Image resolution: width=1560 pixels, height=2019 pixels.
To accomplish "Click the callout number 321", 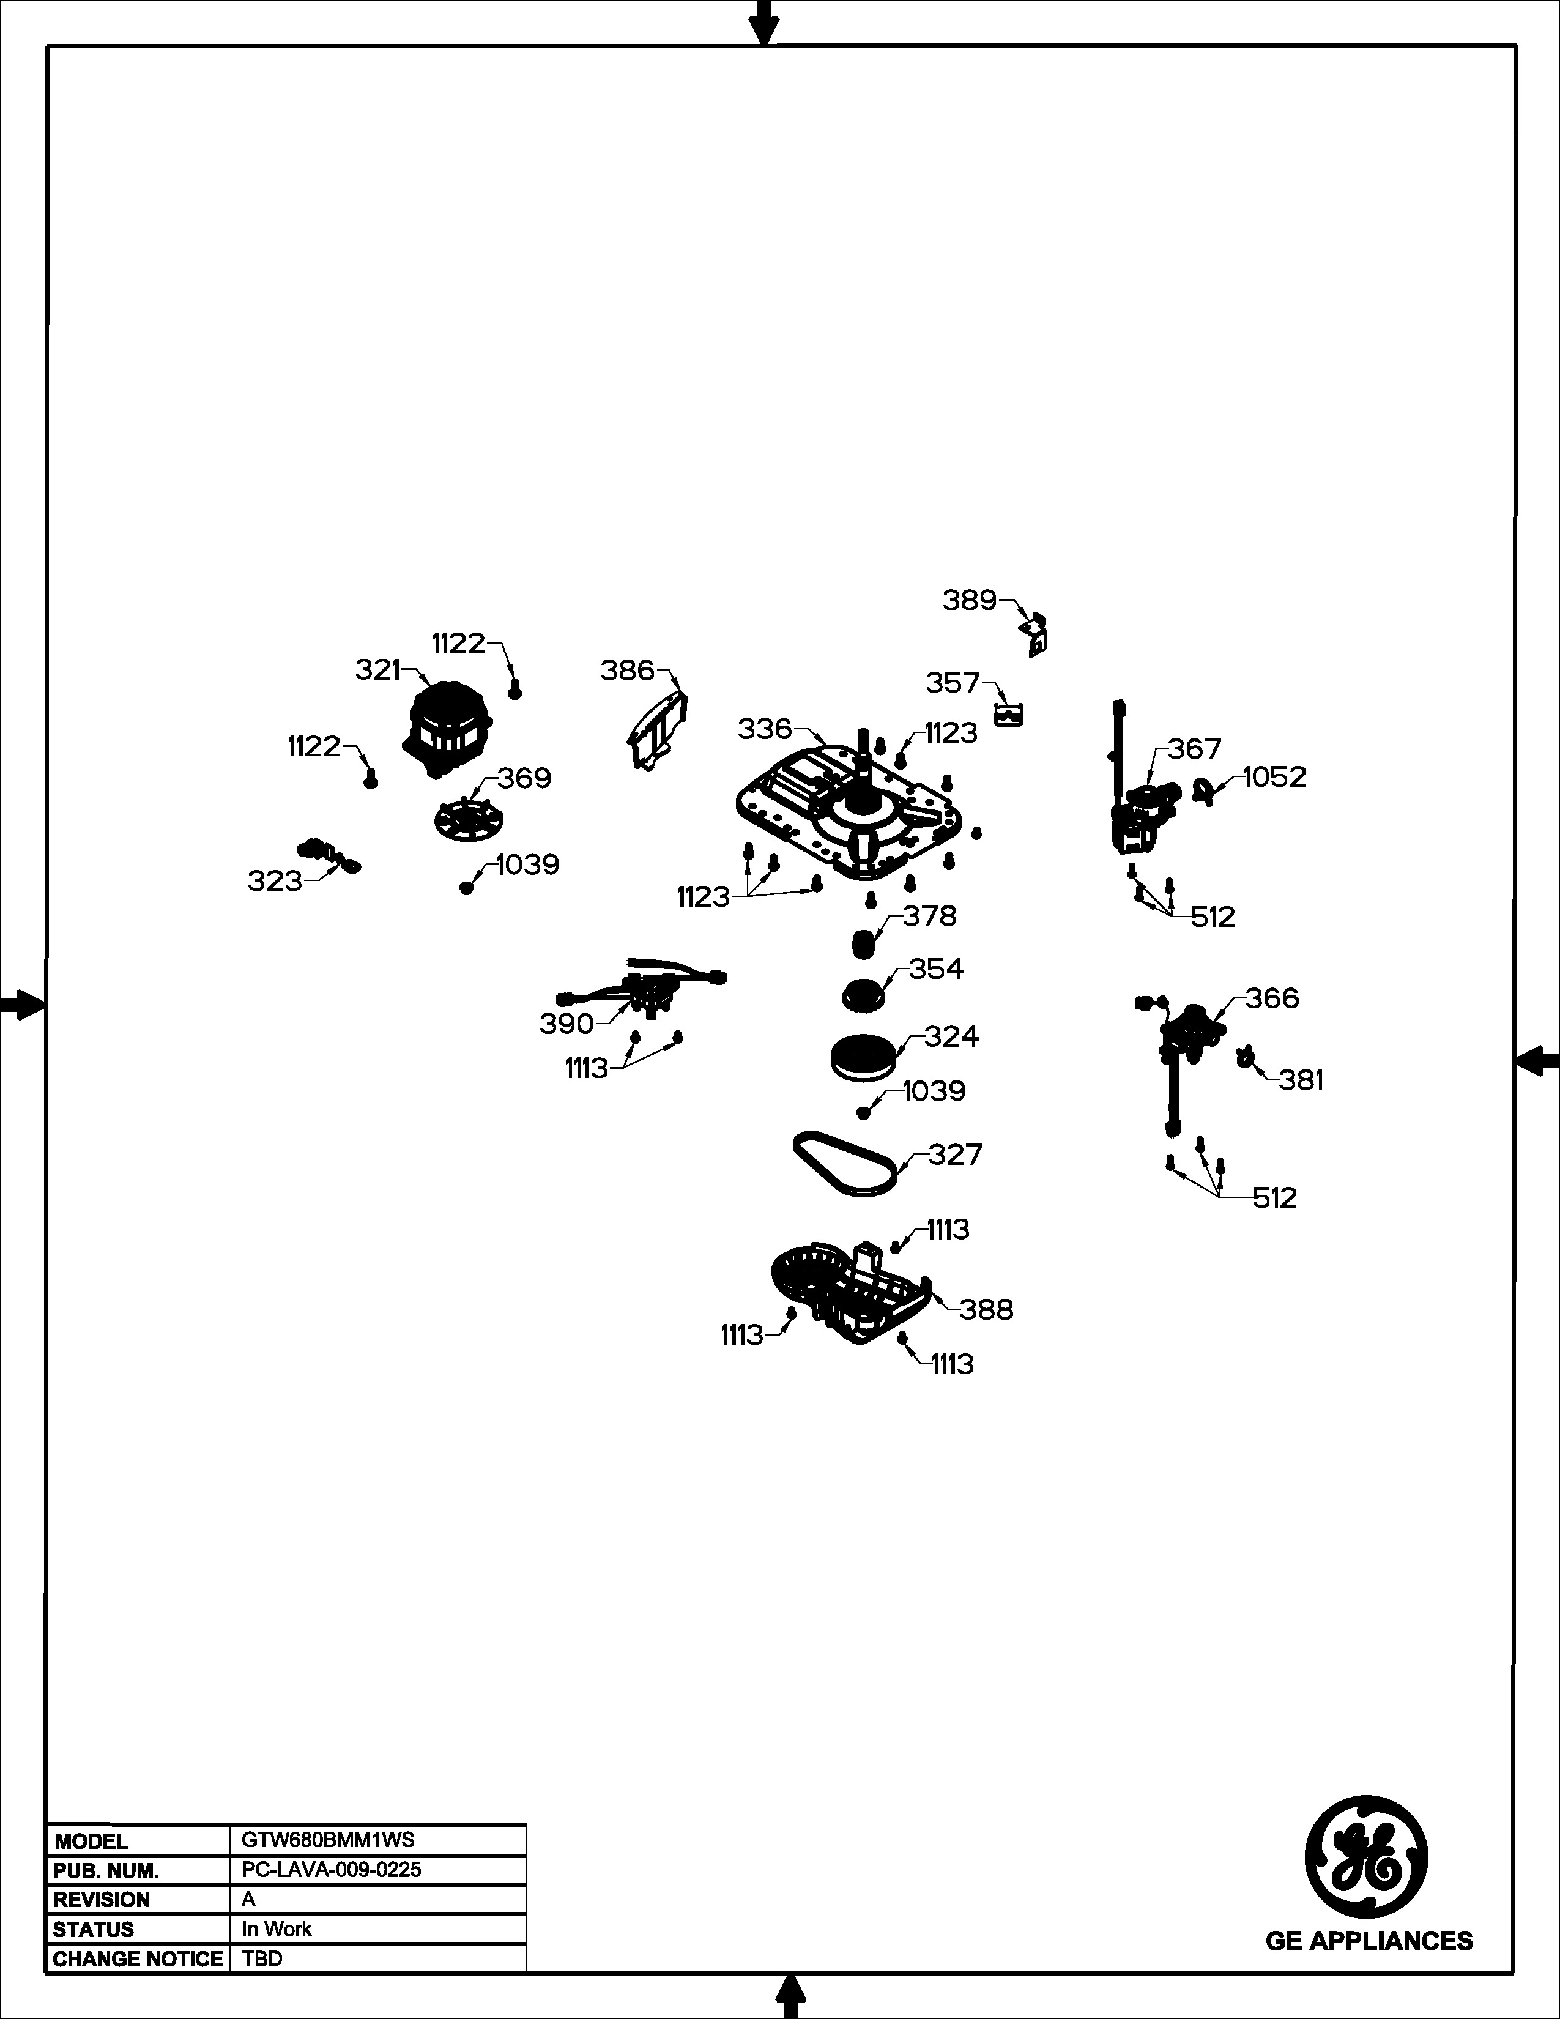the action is tap(378, 669).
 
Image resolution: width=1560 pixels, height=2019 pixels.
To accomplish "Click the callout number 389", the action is tap(970, 600).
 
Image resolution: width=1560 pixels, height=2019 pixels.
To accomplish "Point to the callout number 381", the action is tap(1301, 1080).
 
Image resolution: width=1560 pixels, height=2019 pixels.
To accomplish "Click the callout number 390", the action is tap(566, 1024).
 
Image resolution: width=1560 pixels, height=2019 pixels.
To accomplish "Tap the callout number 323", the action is tap(275, 881).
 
